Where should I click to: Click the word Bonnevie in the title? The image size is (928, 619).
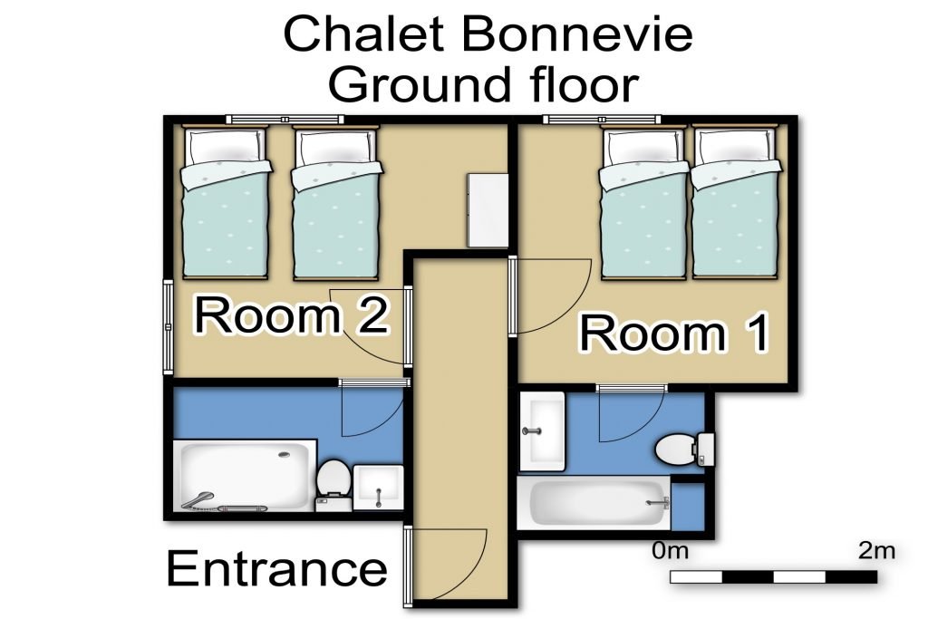click(576, 34)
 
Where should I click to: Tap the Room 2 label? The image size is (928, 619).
click(291, 315)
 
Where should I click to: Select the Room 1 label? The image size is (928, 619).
click(674, 334)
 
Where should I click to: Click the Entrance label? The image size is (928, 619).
click(277, 568)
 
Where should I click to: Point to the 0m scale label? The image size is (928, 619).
click(671, 551)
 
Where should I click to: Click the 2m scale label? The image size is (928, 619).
click(876, 551)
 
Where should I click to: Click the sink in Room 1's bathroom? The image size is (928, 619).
click(542, 430)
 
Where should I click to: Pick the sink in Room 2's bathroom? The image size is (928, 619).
click(379, 487)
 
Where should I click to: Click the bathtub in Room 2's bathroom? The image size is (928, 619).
click(245, 477)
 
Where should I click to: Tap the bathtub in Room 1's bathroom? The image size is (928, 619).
click(594, 503)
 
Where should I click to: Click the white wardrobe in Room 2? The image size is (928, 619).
click(488, 210)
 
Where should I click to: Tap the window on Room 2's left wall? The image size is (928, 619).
click(168, 326)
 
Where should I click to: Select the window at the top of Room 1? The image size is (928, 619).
click(602, 120)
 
